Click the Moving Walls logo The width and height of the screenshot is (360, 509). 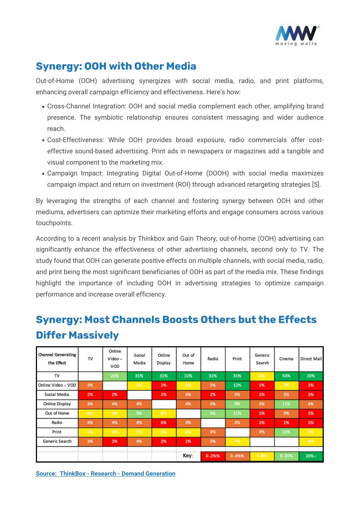pos(297,35)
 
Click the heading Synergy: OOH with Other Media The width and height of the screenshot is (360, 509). pos(116,66)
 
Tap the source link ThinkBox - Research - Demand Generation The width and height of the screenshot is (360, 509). pos(105,473)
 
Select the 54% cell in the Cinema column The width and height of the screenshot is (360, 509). pos(286,376)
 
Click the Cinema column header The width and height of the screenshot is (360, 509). pos(286,359)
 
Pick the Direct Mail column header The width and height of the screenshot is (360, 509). pos(311,359)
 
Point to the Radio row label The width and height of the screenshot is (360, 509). pos(57,423)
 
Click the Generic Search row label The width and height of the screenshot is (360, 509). pos(57,442)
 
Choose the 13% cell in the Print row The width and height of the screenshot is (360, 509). pos(286,432)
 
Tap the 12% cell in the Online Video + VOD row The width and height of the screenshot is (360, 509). pos(237,385)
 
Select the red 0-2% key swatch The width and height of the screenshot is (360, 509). pos(213,456)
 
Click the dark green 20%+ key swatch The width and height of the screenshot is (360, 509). pos(311,456)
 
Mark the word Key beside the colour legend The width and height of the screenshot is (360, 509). pos(188,456)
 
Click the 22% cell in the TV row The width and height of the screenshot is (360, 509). pos(188,376)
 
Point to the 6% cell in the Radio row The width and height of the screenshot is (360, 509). pos(164,423)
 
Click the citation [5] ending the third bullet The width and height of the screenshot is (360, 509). pos(316,185)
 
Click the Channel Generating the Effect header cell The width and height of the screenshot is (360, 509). pos(57,359)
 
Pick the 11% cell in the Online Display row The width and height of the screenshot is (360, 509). pos(286,404)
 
